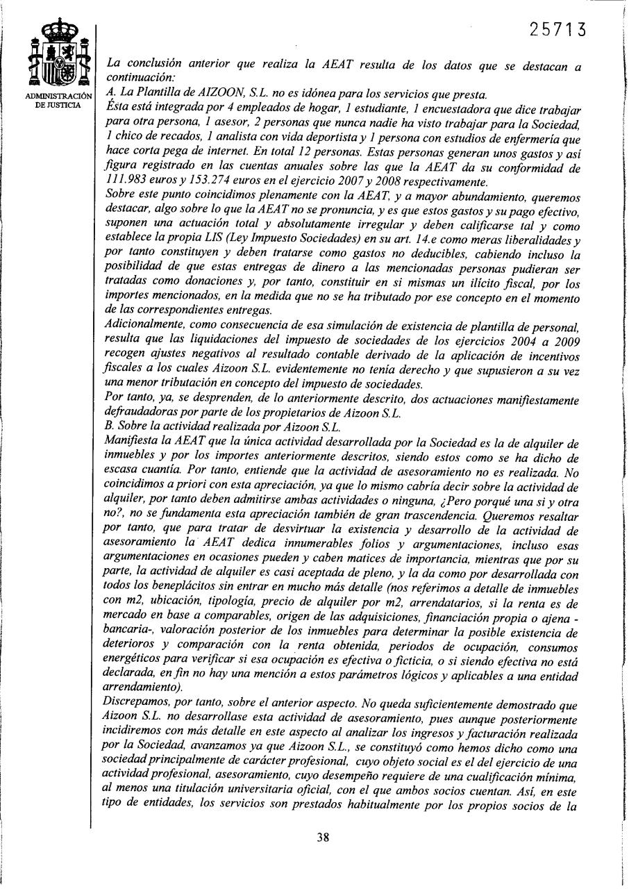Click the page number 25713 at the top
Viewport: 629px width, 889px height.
558,30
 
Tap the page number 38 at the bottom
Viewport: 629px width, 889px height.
322,837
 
